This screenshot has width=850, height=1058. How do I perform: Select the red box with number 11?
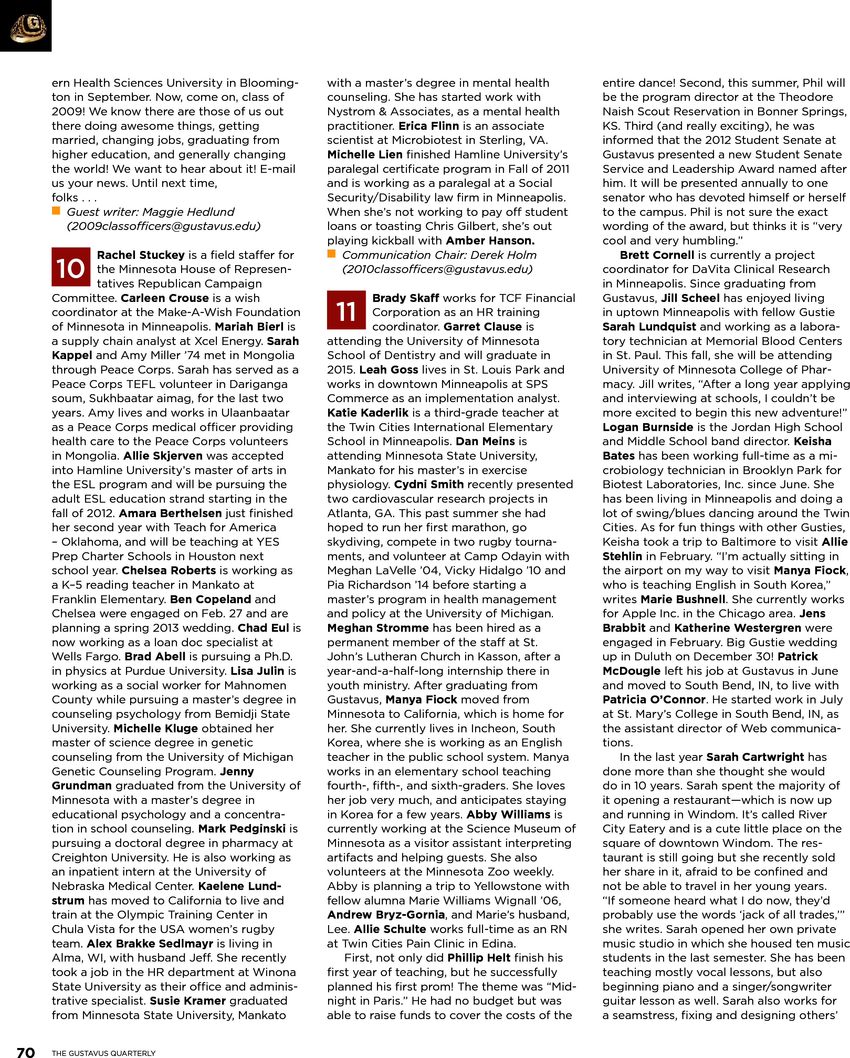click(x=346, y=310)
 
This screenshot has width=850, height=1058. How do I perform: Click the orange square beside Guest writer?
click(x=56, y=211)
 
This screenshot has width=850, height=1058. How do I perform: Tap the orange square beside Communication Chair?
click(x=331, y=254)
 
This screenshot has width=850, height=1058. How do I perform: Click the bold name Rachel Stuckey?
click(x=141, y=255)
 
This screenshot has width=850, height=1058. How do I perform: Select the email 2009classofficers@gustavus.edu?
click(x=164, y=226)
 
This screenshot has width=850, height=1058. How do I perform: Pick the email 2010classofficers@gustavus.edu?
click(x=437, y=270)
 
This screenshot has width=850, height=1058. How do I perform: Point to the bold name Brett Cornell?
click(x=657, y=255)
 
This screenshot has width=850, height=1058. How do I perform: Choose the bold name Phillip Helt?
click(x=479, y=958)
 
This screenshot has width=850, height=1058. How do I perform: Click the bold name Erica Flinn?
click(x=428, y=126)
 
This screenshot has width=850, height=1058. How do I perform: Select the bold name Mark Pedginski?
click(x=242, y=829)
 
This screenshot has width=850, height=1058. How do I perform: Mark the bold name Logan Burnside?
click(x=648, y=427)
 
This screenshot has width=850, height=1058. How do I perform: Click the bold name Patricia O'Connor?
click(x=654, y=700)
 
